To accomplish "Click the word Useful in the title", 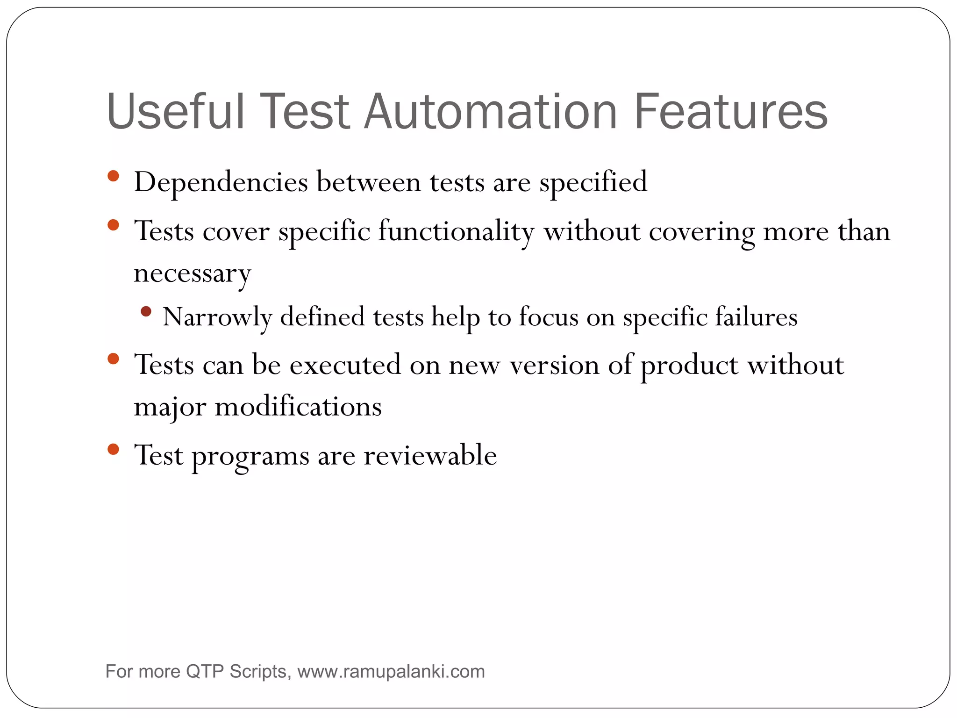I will click(175, 112).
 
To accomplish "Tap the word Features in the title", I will click(730, 112).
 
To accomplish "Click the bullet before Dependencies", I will click(113, 176).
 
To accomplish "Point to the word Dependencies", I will click(221, 182).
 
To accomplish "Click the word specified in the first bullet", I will click(593, 182).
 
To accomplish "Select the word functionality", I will click(456, 231).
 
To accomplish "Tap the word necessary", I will click(192, 273).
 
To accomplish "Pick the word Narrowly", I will click(217, 317).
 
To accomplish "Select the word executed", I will click(345, 365).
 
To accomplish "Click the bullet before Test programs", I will click(113, 450).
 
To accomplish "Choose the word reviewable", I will click(430, 455).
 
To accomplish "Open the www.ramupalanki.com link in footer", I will click(391, 672).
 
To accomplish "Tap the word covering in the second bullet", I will click(701, 231).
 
